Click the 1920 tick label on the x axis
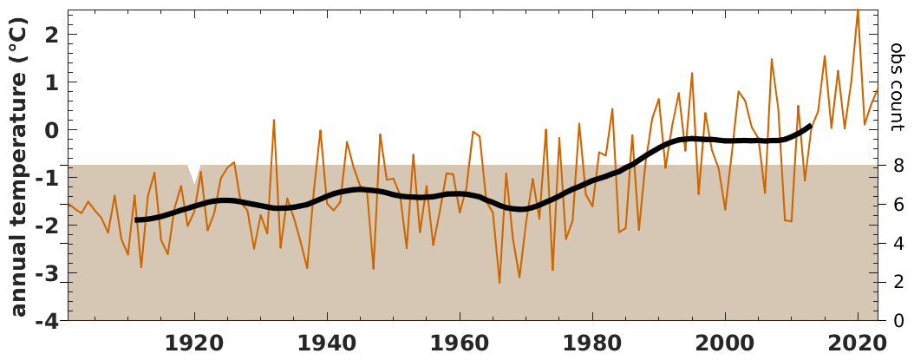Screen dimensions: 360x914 coord(195,343)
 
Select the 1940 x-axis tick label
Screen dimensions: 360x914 coord(328,343)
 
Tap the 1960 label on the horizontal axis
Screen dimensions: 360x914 coord(460,343)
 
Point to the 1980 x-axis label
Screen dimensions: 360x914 coord(593,343)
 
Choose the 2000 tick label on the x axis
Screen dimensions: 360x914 coord(725,343)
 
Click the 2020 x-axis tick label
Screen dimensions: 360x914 coord(858,343)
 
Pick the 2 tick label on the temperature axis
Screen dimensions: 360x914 coord(49,35)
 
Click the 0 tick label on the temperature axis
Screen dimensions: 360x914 coord(49,130)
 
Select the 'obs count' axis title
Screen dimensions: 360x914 coord(897,87)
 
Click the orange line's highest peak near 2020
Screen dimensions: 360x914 coord(858,10)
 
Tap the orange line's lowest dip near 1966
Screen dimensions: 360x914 coord(499,282)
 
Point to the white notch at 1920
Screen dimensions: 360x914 coord(195,170)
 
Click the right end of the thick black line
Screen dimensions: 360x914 coord(809,126)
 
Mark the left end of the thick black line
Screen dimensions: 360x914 coord(137,220)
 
